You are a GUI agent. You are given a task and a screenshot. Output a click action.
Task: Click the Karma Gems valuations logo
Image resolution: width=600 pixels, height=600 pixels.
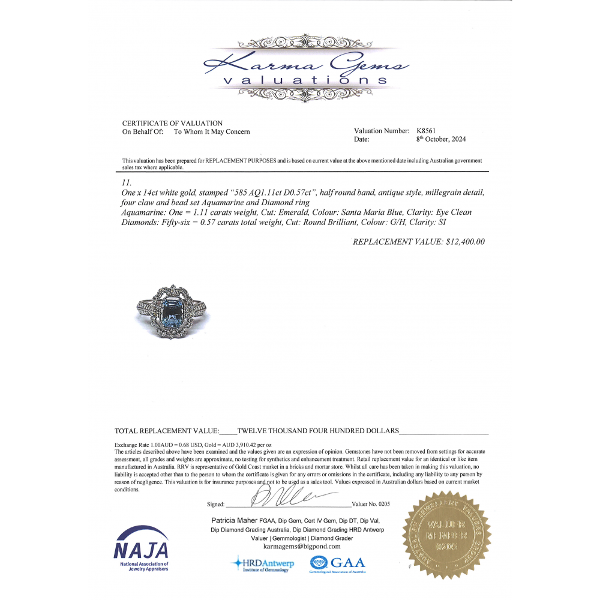pos(306,67)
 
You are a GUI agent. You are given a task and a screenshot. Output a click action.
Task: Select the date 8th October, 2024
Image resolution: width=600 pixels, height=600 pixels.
pos(441,139)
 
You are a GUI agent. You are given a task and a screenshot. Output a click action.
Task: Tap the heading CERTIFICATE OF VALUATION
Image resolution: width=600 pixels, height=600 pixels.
pos(172,123)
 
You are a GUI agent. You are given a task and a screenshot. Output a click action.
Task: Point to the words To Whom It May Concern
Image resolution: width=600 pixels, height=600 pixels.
pos(212,131)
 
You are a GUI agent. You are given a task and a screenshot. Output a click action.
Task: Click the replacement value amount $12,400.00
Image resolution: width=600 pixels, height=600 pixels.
pos(461,242)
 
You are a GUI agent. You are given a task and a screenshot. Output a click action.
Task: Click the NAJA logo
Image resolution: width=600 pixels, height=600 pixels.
pos(141,548)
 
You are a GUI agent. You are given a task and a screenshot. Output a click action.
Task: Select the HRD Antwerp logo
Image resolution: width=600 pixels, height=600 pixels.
pos(263,564)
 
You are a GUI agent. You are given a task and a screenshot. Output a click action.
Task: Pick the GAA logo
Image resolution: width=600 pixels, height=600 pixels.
pos(337,564)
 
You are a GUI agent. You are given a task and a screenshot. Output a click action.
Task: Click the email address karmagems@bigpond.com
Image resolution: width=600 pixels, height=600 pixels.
pos(302,547)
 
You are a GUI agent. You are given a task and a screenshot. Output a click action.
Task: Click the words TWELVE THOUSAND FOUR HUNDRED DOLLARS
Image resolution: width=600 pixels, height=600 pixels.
pos(318,431)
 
